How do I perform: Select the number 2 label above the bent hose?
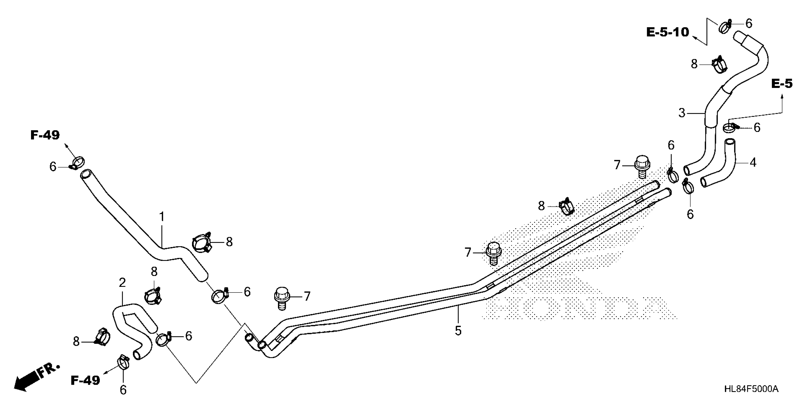click(x=122, y=283)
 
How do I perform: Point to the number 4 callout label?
click(x=753, y=163)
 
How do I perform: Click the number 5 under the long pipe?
click(x=458, y=331)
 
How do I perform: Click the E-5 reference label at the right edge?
click(x=782, y=84)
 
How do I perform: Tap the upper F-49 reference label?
click(x=45, y=135)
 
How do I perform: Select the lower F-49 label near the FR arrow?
click(x=85, y=380)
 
